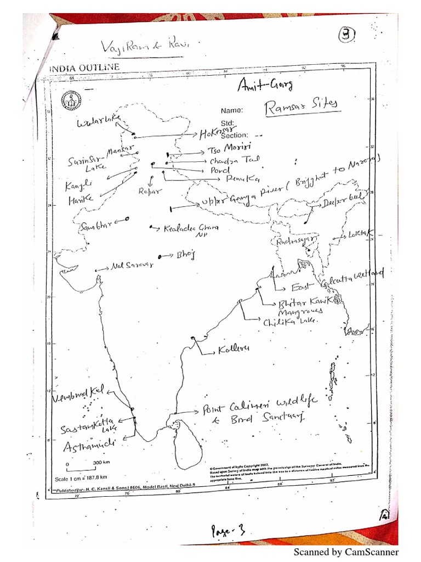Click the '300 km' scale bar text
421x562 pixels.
87,463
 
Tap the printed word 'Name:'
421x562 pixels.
232,110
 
